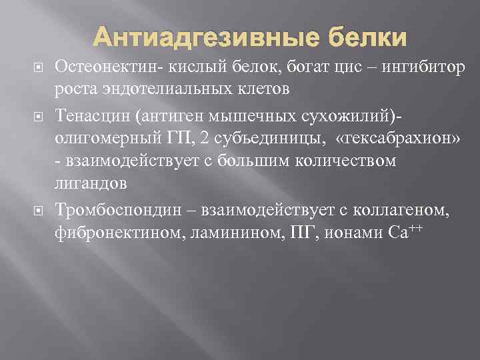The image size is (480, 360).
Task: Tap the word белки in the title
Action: [364, 38]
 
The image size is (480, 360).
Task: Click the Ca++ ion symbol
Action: [401, 232]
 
